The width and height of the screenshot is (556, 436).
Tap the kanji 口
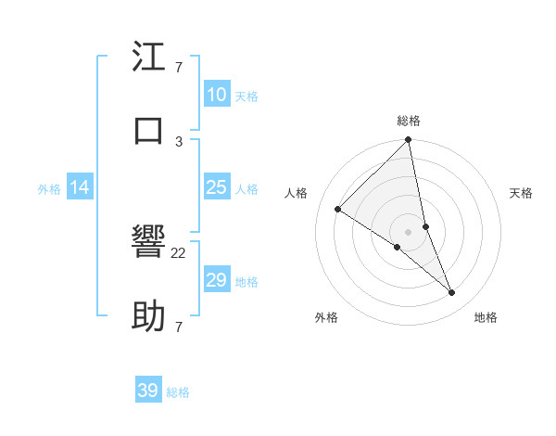[149, 130]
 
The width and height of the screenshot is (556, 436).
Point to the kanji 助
[149, 316]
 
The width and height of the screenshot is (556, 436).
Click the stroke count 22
[179, 253]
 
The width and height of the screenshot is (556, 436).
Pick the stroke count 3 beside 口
[179, 141]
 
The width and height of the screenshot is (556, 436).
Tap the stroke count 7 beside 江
[179, 68]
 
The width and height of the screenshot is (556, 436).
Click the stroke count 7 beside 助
[179, 327]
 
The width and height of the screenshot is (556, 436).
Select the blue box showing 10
[216, 95]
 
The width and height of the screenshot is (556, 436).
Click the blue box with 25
[216, 187]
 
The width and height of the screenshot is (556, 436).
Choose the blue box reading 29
[216, 280]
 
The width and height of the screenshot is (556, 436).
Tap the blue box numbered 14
[80, 187]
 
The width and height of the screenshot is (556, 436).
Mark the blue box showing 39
[148, 391]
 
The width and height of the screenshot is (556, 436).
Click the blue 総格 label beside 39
[178, 392]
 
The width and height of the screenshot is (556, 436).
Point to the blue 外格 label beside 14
[49, 189]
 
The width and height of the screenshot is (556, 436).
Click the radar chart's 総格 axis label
[409, 121]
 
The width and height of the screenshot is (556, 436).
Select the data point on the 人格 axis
[338, 210]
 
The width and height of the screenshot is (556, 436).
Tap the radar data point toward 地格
[452, 293]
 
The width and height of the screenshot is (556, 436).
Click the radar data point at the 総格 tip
[409, 141]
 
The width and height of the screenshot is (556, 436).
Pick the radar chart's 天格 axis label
[522, 193]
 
